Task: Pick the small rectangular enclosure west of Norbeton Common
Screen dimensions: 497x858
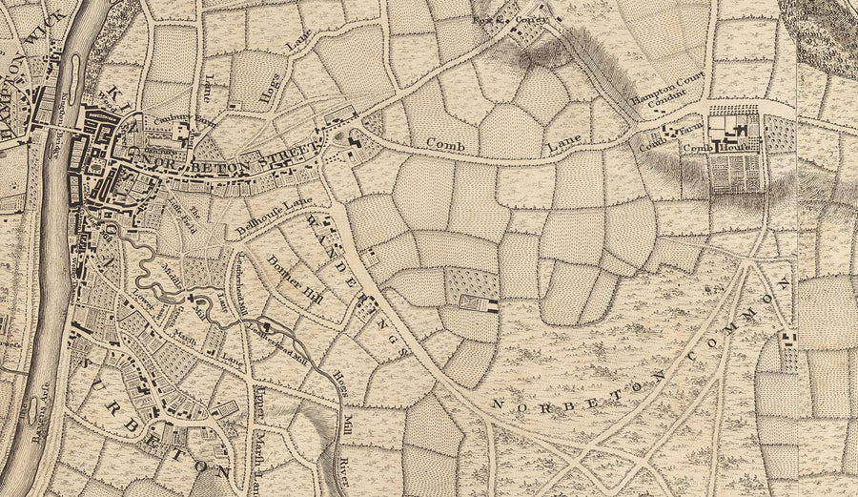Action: coord(477,302)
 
